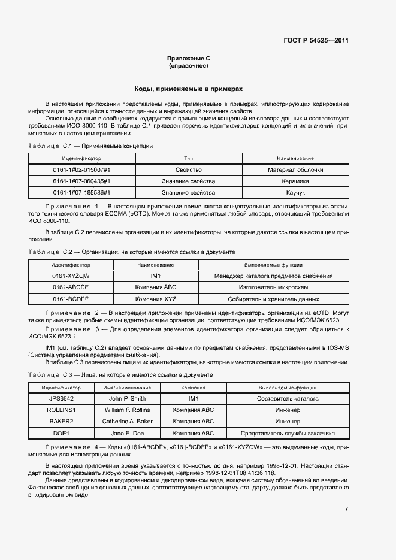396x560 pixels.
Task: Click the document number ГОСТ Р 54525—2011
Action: [x=316, y=41]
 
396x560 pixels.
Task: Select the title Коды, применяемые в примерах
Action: [x=188, y=88]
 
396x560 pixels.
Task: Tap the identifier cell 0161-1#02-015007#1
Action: [x=81, y=170]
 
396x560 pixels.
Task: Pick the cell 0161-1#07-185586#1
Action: [x=81, y=193]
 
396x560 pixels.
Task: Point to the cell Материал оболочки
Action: [x=295, y=170]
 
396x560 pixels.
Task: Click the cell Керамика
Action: [x=295, y=181]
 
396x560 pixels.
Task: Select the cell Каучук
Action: [x=295, y=193]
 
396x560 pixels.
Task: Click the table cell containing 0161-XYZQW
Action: [x=71, y=276]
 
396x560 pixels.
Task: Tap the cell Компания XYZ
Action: [x=156, y=299]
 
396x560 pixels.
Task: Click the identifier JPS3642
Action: [x=61, y=399]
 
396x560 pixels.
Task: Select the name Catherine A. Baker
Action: [x=128, y=422]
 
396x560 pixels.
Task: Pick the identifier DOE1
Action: [x=61, y=433]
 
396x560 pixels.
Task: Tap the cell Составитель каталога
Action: [x=287, y=399]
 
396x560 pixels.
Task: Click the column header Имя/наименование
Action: [x=128, y=388]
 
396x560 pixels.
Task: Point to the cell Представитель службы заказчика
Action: [x=287, y=433]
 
